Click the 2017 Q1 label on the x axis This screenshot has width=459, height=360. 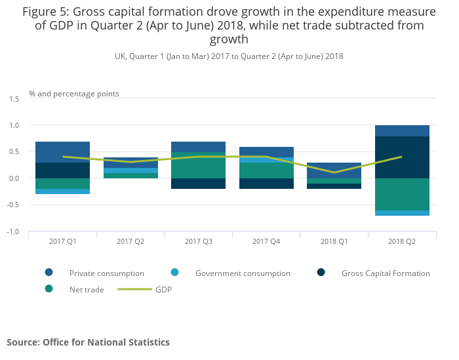click(x=62, y=241)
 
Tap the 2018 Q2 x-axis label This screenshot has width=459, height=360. click(x=402, y=241)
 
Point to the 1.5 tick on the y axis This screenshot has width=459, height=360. click(x=14, y=98)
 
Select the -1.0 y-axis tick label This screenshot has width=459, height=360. click(x=13, y=231)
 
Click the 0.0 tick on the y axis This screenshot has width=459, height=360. click(x=14, y=178)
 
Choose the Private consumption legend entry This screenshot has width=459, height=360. click(x=106, y=273)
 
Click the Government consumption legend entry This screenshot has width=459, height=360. click(x=243, y=273)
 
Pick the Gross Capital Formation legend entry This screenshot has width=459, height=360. click(x=386, y=273)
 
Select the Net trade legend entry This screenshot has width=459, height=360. click(x=87, y=289)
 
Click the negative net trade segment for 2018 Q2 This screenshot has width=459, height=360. click(x=402, y=194)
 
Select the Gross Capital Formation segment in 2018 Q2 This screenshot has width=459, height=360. click(x=402, y=157)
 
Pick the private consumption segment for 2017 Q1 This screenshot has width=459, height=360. click(x=62, y=152)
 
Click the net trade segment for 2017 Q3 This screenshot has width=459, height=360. click(x=198, y=165)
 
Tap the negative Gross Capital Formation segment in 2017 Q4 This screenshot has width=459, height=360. click(x=266, y=184)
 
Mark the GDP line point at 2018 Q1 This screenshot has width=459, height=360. click(x=334, y=172)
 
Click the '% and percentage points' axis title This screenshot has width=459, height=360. click(x=74, y=94)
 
